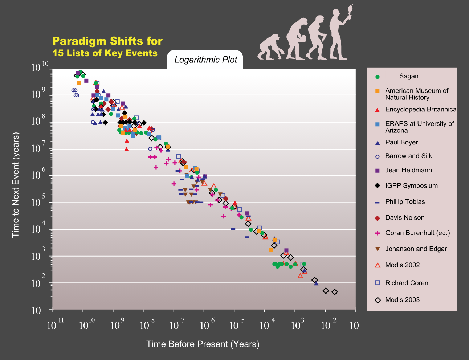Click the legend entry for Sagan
tap(409, 76)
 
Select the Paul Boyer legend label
tap(401, 142)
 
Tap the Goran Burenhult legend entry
tap(417, 233)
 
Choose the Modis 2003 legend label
tap(402, 300)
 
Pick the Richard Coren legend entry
tap(407, 283)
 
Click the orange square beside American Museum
tap(377, 90)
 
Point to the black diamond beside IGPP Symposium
tap(377, 185)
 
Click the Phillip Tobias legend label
tap(405, 201)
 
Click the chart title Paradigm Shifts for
tap(107, 41)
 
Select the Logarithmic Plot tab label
tap(205, 60)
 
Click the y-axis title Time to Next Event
tap(15, 185)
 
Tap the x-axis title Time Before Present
tap(203, 344)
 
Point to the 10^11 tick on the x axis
tap(56, 324)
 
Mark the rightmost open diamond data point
tap(335, 292)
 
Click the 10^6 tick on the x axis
tap(207, 324)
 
